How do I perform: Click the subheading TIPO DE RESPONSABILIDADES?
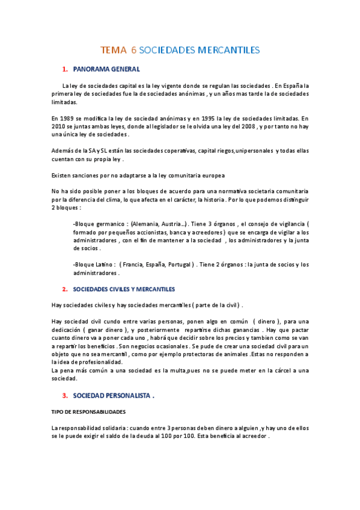(88, 412)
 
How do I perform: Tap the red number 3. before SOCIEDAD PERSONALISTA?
(65, 396)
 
